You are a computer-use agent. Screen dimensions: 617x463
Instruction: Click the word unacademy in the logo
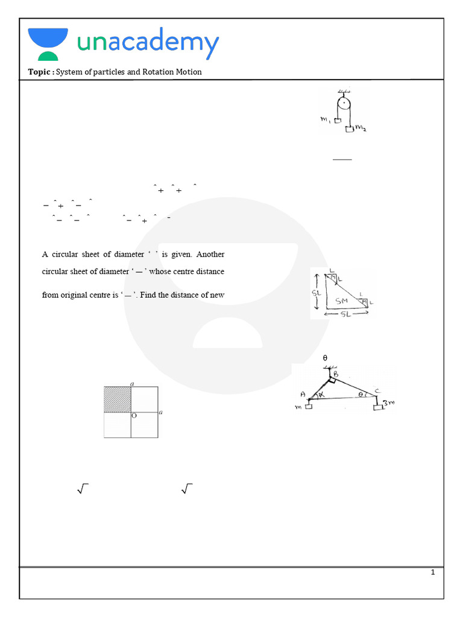[148, 43]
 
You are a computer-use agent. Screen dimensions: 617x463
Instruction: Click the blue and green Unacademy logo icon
[48, 43]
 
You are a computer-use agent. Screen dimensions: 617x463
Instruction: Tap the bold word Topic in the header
[40, 72]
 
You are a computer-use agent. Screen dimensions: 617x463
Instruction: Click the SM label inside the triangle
[341, 300]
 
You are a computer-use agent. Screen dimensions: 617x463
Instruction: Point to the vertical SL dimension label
[316, 292]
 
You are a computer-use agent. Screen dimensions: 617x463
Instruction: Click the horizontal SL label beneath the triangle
[345, 315]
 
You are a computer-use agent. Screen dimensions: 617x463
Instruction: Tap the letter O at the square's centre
[134, 416]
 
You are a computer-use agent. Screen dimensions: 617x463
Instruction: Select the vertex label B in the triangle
[336, 374]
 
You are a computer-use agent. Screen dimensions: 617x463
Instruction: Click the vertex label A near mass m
[303, 395]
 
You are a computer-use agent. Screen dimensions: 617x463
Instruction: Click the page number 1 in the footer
[433, 572]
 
